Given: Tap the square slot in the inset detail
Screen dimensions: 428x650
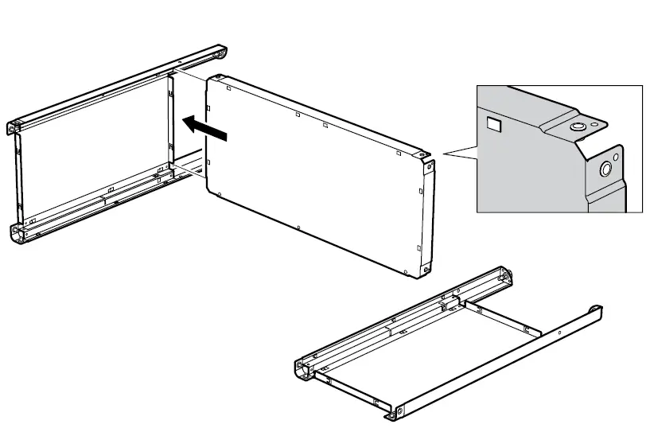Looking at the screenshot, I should pos(493,124).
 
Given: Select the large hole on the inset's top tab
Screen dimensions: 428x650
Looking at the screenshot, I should pos(576,127).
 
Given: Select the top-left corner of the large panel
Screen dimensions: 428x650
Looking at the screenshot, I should pos(212,77).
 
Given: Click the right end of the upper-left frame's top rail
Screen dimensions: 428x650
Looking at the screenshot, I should pos(223,53).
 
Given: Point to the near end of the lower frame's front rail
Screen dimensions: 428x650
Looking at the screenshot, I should pos(391,415).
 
